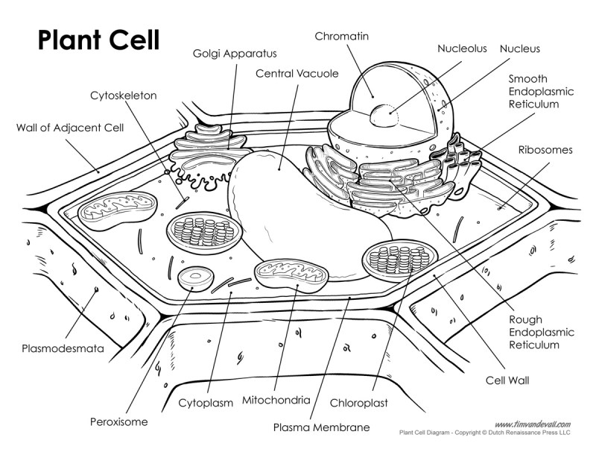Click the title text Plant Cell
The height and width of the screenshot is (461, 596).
pos(98,39)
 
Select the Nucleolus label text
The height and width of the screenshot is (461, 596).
pos(462,48)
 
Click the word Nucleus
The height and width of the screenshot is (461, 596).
pos(520,48)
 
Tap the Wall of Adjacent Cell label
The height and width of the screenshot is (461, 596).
pos(70,128)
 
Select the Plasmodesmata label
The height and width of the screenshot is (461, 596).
pos(63,348)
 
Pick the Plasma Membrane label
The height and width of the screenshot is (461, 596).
pos(321,427)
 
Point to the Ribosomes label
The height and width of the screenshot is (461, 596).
pos(545,149)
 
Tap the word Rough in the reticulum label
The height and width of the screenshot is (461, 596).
pos(526,319)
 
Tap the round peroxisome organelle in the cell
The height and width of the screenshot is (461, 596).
pos(197,277)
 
